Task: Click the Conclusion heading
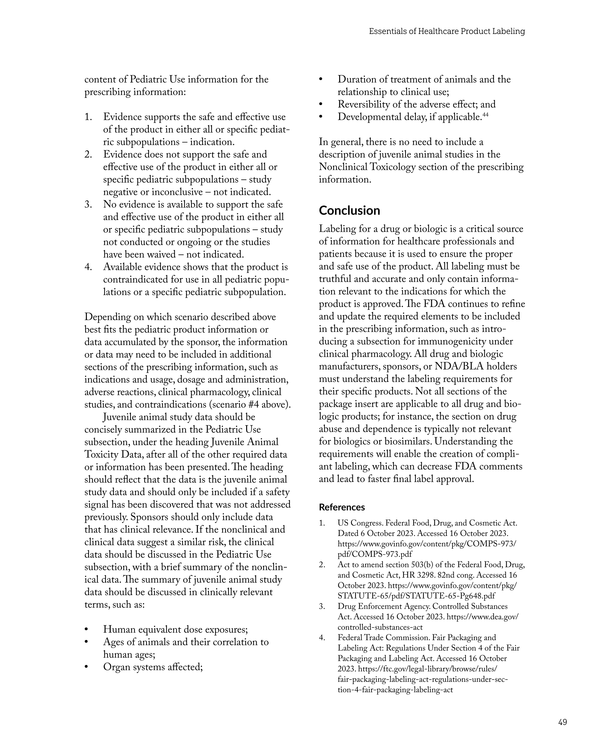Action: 349,211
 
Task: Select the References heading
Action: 342,507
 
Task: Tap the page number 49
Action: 562,722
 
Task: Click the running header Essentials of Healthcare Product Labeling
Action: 447,31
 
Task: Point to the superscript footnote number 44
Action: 485,115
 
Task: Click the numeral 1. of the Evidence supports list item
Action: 88,117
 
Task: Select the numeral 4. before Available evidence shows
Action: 88,267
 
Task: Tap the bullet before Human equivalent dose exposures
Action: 86,630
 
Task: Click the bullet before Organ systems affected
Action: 86,667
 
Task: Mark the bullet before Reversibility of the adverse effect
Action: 321,104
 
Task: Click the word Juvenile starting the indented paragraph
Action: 120,417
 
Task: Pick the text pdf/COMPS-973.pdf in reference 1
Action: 375,554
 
